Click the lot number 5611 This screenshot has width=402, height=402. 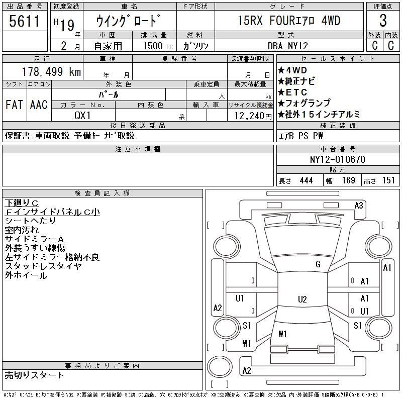pyautogui.click(x=24, y=21)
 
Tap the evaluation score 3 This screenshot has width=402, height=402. pyautogui.click(x=383, y=21)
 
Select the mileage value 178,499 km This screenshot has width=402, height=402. pyautogui.click(x=51, y=71)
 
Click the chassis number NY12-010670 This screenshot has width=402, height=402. pyautogui.click(x=337, y=159)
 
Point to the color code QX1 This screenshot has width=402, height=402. pyautogui.click(x=82, y=116)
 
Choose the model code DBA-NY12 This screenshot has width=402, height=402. pyautogui.click(x=287, y=46)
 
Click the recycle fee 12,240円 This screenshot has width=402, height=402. pyautogui.click(x=253, y=116)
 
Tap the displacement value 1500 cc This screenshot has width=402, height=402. pyautogui.click(x=158, y=46)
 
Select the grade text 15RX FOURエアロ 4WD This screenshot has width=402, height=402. pyautogui.click(x=289, y=21)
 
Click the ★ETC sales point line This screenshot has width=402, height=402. pyautogui.click(x=292, y=92)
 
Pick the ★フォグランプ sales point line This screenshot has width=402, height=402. pyautogui.click(x=304, y=103)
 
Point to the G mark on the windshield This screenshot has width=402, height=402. pyautogui.click(x=318, y=264)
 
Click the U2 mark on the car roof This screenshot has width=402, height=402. pyautogui.click(x=303, y=299)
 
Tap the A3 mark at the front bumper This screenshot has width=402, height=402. pyautogui.click(x=359, y=206)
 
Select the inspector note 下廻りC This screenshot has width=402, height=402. pyautogui.click(x=22, y=203)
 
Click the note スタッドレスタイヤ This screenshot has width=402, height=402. pyautogui.click(x=43, y=266)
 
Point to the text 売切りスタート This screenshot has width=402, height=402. pyautogui.click(x=34, y=375)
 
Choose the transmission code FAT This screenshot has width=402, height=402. pyautogui.click(x=14, y=105)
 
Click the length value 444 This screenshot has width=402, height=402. pyautogui.click(x=306, y=180)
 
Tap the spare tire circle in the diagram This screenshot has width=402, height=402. pyautogui.click(x=220, y=367)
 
